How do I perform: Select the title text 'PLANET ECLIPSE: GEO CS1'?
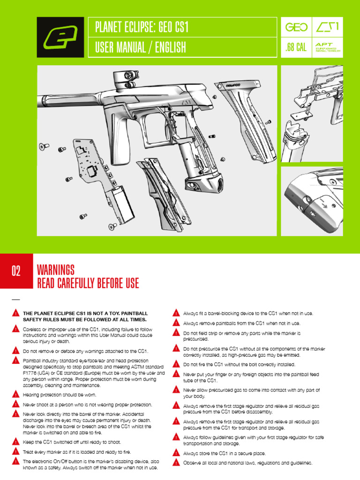coord(141,27)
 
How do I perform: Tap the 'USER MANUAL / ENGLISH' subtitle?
coord(140,47)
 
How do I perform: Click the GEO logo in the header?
coord(296,28)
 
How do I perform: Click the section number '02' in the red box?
coord(16,271)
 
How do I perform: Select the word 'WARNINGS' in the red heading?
coord(55,270)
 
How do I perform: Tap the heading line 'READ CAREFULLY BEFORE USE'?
coord(87,283)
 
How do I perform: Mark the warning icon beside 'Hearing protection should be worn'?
coord(16,395)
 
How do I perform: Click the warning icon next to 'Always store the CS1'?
coord(176,453)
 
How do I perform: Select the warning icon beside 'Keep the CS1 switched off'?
coord(16,442)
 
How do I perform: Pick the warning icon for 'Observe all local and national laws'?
coord(176,463)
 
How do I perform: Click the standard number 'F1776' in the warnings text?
coord(31,373)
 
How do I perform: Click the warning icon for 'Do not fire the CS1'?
coord(176,364)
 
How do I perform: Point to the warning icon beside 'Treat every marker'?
coord(16,452)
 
